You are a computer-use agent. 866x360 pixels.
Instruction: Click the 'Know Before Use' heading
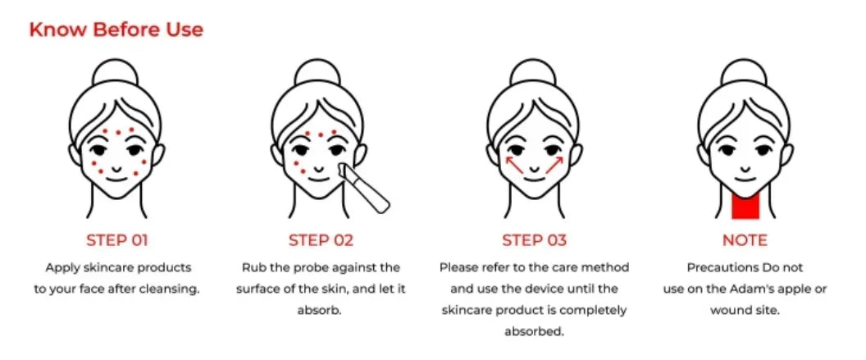coord(116,30)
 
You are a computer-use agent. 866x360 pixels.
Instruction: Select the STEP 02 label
coord(321,240)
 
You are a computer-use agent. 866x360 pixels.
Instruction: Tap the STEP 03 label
coord(534,240)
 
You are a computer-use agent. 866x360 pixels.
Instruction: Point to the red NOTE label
coord(745,240)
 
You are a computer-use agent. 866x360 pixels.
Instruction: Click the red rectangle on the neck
coord(745,204)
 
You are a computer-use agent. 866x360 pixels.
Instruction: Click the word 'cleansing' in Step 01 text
coord(171,289)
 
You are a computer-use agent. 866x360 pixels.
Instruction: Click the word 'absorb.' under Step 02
coord(321,310)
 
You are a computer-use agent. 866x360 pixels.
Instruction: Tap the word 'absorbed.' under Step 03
coord(534,331)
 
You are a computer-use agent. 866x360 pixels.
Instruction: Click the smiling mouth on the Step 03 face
coord(534,175)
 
